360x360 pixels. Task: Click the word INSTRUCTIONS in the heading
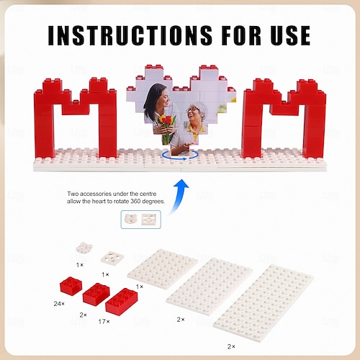pyautogui.click(x=130, y=35)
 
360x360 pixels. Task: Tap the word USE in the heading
pyautogui.click(x=291, y=35)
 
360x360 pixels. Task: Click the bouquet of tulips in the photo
pyautogui.click(x=166, y=128)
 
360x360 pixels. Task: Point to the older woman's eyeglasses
pyautogui.click(x=192, y=109)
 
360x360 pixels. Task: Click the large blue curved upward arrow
pyautogui.click(x=179, y=197)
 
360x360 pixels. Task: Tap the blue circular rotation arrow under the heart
pyautogui.click(x=180, y=156)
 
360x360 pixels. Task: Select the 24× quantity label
pyautogui.click(x=59, y=304)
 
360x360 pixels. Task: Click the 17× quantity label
pyautogui.click(x=104, y=321)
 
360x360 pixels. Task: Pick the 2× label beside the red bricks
pyautogui.click(x=83, y=315)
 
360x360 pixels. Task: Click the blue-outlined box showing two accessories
pyautogui.click(x=141, y=220)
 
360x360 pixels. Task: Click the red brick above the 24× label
pyautogui.click(x=71, y=286)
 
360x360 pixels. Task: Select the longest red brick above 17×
pyautogui.click(x=122, y=302)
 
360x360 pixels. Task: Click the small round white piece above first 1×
pyautogui.click(x=84, y=248)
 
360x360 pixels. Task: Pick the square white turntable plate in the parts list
pyautogui.click(x=112, y=258)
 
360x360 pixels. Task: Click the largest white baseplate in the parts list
pyautogui.click(x=264, y=303)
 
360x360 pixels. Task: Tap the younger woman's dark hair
pyautogui.click(x=153, y=99)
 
